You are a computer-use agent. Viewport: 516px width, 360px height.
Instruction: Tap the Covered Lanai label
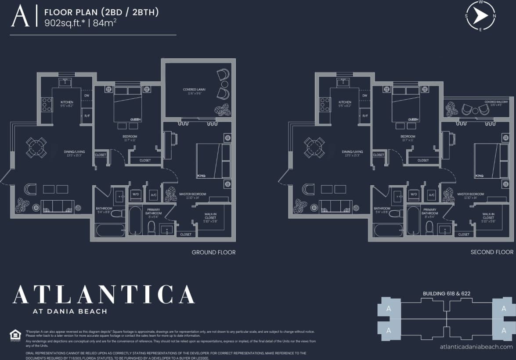point(194,90)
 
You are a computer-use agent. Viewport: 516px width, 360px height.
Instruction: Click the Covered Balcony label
point(496,102)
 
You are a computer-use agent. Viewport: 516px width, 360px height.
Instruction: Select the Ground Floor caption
point(213,252)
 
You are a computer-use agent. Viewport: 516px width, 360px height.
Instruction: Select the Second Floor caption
point(492,252)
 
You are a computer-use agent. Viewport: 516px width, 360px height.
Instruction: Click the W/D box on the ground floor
point(136,194)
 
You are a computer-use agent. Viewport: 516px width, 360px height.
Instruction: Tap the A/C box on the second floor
point(432,194)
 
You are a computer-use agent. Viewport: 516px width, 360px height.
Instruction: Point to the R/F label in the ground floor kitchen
point(87,115)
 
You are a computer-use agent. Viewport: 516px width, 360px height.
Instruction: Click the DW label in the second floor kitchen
point(364,95)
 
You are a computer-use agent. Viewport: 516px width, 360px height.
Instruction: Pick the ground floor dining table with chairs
point(36,147)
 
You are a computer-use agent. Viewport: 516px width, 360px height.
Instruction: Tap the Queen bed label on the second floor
point(413,119)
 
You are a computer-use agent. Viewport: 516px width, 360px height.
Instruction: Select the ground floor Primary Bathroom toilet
point(152,227)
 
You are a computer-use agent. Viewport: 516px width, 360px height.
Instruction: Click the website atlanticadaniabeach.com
point(476,347)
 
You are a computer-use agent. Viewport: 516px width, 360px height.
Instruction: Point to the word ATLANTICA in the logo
point(104,295)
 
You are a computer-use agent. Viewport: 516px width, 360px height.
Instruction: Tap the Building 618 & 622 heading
point(447,293)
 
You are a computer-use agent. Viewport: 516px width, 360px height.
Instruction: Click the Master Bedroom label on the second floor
point(470,194)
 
